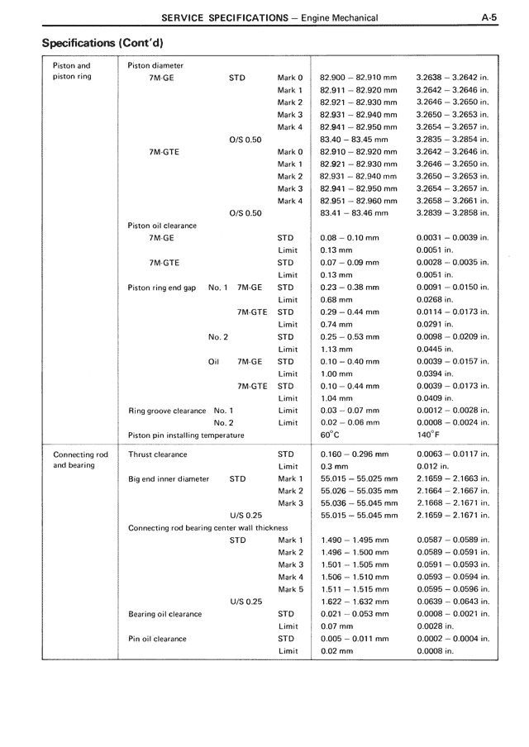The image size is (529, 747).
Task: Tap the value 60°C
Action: point(330,435)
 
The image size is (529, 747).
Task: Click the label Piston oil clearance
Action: point(162,226)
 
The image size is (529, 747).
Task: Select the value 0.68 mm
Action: point(336,299)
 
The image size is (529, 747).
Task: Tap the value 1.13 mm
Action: point(336,349)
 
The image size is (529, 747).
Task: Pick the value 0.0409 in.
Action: point(436,398)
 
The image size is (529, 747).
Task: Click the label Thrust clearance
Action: point(158,454)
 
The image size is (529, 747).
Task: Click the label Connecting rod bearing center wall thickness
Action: point(208,527)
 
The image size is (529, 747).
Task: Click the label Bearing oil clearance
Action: point(165,614)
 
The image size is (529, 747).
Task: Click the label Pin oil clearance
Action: point(158,639)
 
